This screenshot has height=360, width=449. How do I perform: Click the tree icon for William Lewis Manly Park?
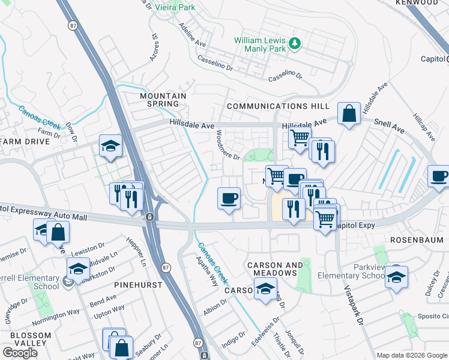click(294, 43)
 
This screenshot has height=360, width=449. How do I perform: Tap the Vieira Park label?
click(174, 7)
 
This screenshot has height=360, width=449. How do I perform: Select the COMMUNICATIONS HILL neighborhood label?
click(278, 106)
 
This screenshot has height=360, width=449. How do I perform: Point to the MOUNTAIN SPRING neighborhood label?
click(163, 100)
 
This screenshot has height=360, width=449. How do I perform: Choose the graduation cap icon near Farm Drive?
click(110, 146)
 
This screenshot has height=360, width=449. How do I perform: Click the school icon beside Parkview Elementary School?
click(396, 277)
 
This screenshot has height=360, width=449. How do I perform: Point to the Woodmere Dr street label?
click(228, 145)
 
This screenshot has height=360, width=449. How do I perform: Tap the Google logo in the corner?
click(20, 352)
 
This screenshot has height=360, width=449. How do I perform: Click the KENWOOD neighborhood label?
click(417, 3)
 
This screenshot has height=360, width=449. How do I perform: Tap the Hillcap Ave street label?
click(424, 125)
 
